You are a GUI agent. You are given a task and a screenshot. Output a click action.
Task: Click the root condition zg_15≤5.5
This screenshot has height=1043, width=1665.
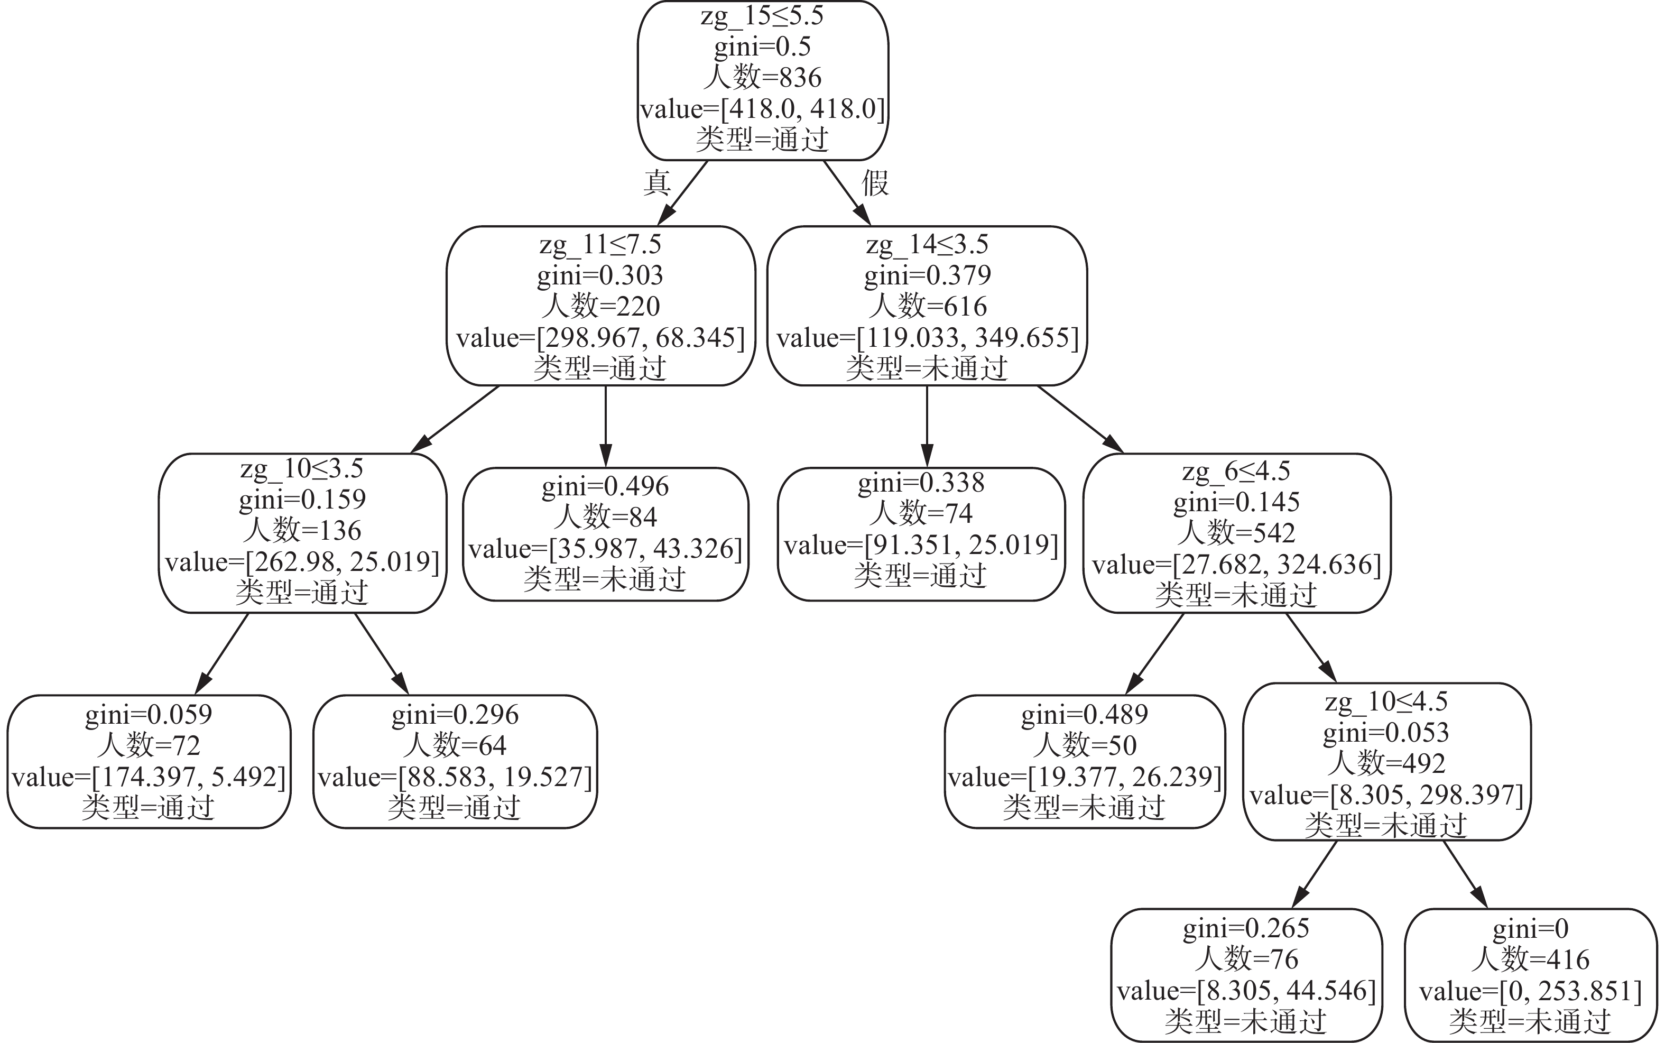[762, 15]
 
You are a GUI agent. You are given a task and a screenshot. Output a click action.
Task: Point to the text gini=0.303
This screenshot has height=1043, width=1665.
[600, 275]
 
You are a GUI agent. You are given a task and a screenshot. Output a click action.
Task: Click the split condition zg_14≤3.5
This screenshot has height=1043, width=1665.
[927, 244]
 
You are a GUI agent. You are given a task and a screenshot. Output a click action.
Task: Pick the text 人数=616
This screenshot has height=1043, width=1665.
[927, 306]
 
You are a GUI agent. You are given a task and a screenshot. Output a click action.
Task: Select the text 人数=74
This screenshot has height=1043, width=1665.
[921, 513]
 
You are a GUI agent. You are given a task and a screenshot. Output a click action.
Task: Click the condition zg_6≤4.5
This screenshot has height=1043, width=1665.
[1236, 471]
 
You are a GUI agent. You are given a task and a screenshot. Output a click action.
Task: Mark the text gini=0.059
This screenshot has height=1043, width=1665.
[149, 714]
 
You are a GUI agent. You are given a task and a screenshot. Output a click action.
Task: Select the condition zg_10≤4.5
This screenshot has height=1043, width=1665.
[1386, 702]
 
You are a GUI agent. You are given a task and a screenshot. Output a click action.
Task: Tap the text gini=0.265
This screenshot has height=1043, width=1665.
[1246, 928]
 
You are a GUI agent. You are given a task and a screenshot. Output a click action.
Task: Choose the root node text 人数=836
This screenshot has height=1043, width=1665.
[762, 77]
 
